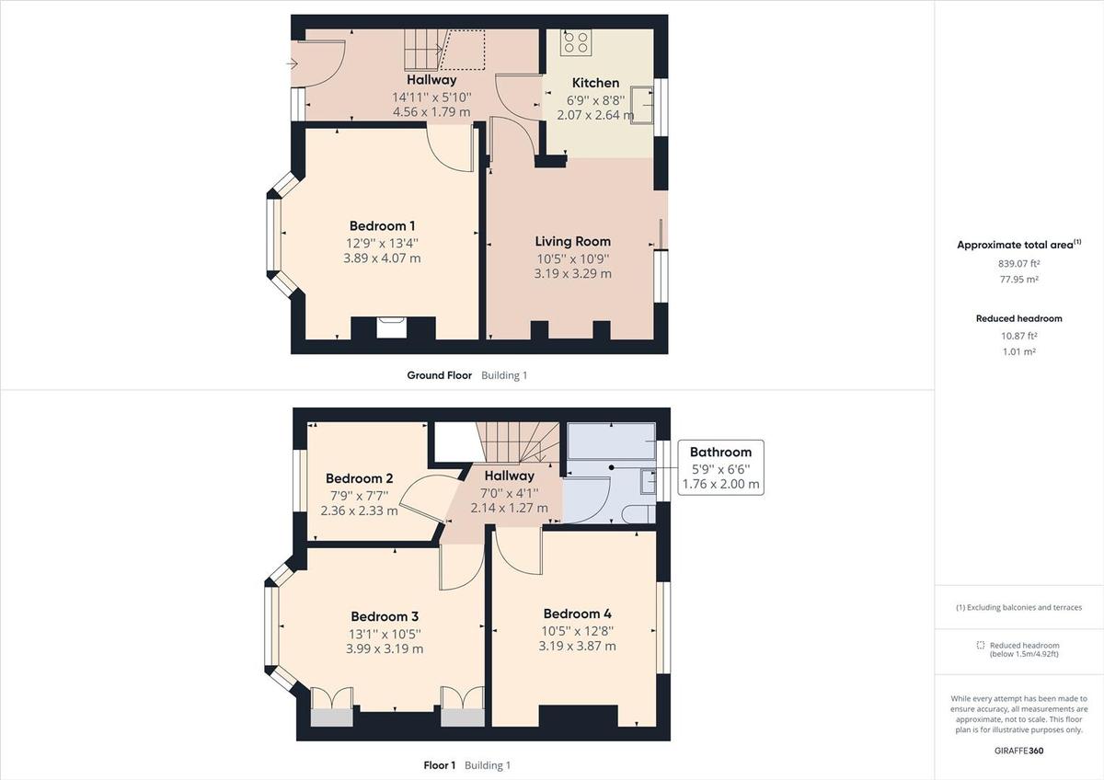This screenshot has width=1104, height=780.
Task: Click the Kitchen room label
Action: [x=595, y=83]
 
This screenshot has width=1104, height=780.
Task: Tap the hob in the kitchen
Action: [x=577, y=42]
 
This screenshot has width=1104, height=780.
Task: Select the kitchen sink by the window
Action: [x=642, y=104]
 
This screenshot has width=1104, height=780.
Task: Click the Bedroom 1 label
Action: [x=382, y=226]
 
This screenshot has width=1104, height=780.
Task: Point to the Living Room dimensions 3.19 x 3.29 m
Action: [x=572, y=273]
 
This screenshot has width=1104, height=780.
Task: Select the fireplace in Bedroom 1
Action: [x=391, y=328]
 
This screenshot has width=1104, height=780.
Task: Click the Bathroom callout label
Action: [x=720, y=452]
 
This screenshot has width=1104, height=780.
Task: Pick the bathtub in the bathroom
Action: [x=612, y=440]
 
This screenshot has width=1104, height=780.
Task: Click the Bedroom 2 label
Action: [x=359, y=478]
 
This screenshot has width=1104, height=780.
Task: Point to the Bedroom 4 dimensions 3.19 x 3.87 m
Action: [x=577, y=647]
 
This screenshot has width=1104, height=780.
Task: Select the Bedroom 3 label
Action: [x=385, y=616]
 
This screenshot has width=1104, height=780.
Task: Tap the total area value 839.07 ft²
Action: [x=1018, y=263]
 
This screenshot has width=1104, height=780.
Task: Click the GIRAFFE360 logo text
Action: [x=1018, y=751]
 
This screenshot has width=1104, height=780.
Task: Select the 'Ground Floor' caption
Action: [x=439, y=375]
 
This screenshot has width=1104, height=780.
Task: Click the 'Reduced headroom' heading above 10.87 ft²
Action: [x=1018, y=318]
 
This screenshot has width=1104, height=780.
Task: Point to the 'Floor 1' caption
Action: [x=439, y=765]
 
